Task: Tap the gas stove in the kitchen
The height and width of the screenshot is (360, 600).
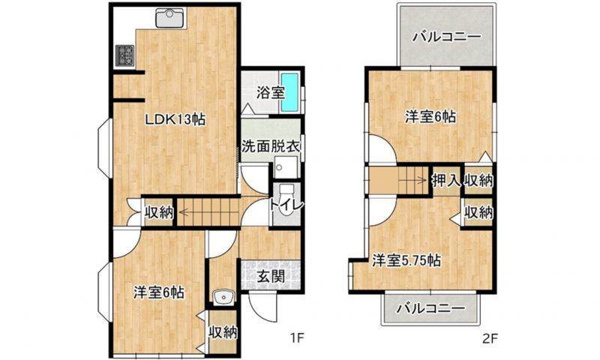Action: [125, 55]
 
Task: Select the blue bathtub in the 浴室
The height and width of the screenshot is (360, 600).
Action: [290, 92]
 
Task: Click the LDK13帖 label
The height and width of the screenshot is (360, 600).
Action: [175, 120]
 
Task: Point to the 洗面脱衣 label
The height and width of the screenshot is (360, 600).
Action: [271, 146]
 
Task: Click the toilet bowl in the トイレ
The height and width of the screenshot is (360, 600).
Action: [286, 205]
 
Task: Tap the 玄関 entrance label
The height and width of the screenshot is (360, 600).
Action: [271, 276]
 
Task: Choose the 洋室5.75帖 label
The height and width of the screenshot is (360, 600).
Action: [406, 261]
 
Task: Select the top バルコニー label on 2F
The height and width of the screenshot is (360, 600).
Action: [446, 37]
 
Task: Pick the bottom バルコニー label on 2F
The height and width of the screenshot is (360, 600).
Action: [430, 308]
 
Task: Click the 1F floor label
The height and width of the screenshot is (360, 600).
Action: [296, 337]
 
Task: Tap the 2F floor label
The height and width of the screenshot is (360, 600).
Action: [490, 337]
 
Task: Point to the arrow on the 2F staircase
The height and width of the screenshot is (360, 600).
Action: [412, 180]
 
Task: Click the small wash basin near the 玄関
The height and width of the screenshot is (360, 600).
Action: [223, 298]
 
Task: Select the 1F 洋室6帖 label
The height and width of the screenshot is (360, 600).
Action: [159, 292]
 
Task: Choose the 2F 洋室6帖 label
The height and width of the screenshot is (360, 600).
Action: [430, 117]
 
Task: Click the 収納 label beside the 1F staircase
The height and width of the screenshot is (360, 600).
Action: [159, 212]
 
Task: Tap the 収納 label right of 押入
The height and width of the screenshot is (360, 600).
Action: [478, 180]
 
